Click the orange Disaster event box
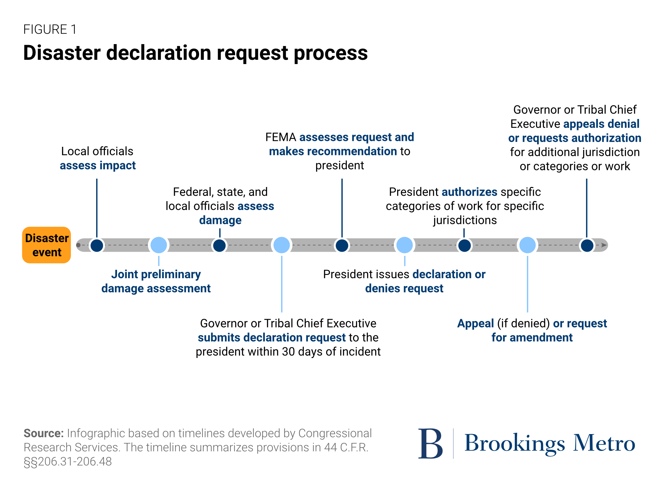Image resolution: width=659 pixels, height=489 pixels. coord(46,245)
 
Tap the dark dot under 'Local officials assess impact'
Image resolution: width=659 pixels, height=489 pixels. coord(97,245)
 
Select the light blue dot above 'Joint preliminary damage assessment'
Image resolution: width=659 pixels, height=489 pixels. coord(159,245)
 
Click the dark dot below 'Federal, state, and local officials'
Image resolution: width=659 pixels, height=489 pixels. coord(219,245)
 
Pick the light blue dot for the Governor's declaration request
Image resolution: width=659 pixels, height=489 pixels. coord(282,245)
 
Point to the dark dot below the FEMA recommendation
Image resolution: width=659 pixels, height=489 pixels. coord(342,245)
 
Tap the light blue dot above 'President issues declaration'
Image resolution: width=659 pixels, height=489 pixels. coord(405,245)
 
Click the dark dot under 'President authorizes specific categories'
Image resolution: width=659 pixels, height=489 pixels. coord(465,245)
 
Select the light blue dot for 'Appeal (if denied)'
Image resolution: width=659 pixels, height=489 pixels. coord(528,245)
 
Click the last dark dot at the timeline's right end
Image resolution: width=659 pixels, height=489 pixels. coord(587,245)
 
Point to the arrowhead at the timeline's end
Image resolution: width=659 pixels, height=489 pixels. coord(604,245)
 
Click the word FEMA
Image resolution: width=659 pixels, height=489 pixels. coord(281,137)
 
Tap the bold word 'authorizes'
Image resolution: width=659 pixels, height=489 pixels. coord(469,192)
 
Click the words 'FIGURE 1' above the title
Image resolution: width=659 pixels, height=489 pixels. coord(50,29)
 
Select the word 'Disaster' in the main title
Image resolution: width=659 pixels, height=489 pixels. coord(62,53)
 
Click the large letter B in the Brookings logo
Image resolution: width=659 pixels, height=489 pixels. coord(431,444)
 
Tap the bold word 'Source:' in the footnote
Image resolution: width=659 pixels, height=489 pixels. coord(44,433)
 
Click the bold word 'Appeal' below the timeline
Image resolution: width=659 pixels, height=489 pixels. coord(476,324)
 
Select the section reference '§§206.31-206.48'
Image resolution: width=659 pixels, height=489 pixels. coord(68,462)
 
